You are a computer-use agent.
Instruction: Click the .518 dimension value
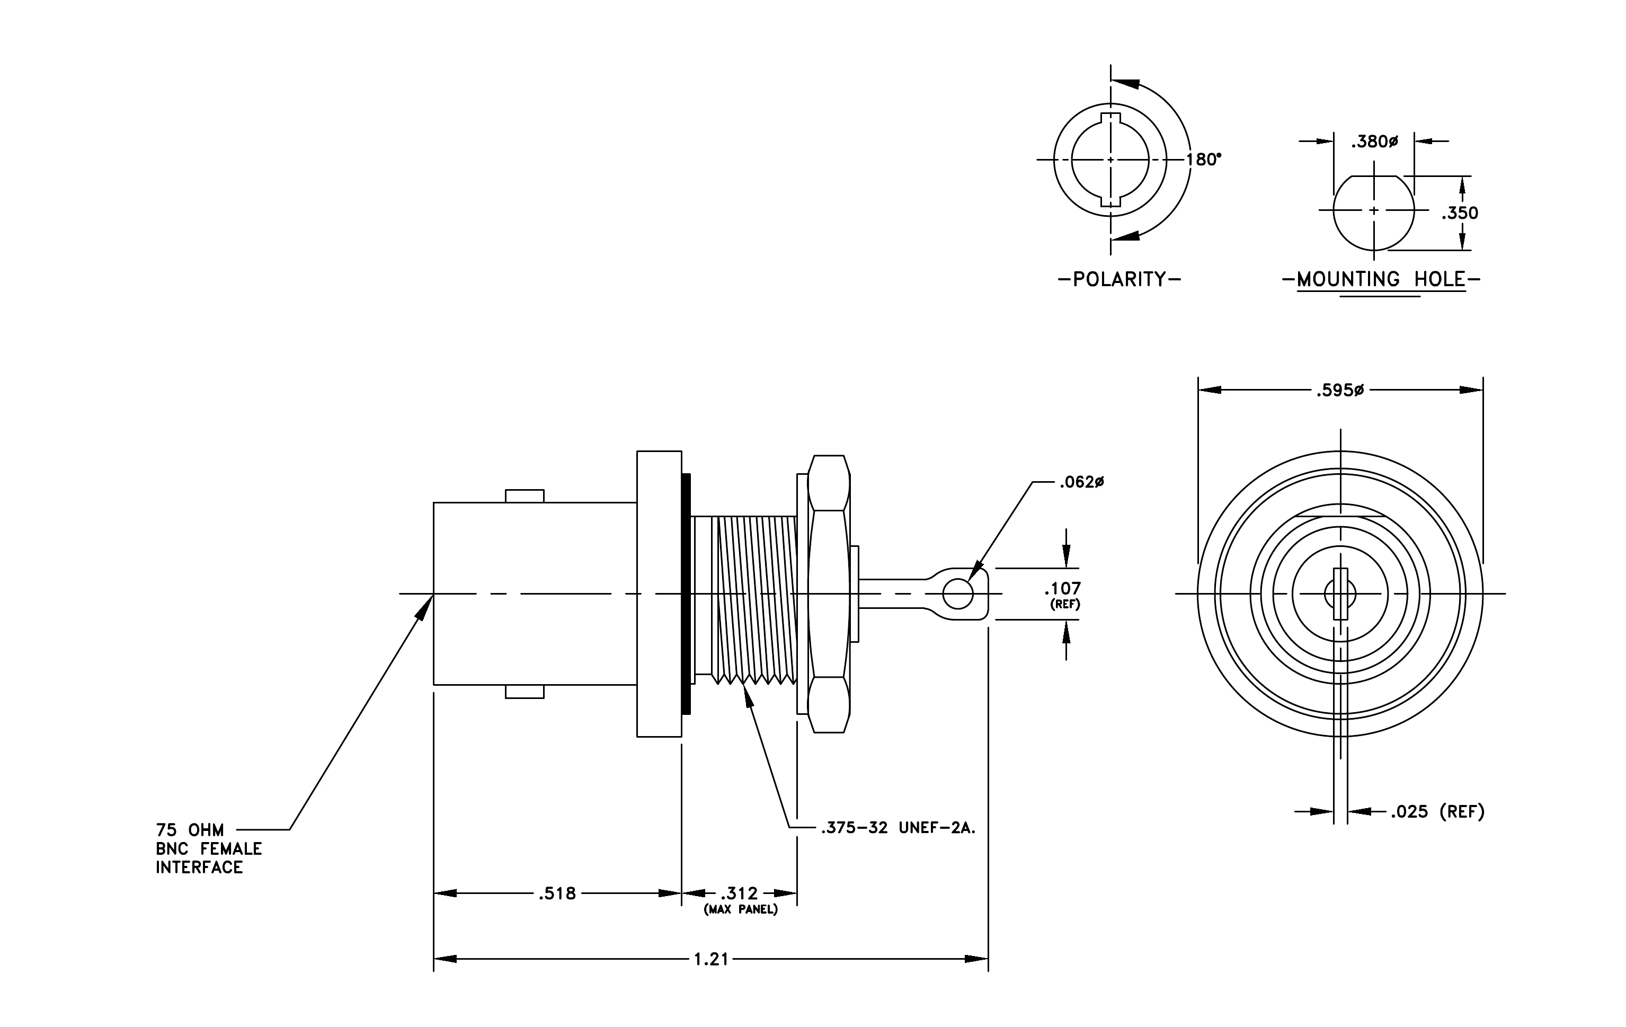557,894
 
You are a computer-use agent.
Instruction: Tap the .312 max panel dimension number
740,894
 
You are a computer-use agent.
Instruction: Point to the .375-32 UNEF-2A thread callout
898,828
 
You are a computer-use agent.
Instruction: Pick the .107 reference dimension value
1062,588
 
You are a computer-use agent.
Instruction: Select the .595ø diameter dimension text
1340,390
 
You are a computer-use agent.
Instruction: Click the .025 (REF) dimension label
1437,812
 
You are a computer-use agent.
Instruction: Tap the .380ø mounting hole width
1374,142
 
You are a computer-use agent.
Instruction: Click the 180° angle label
1204,160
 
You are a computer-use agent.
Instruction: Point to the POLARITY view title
1119,280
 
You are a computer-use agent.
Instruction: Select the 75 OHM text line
190,830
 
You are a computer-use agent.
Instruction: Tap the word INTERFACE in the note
199,867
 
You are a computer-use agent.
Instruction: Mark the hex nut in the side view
829,594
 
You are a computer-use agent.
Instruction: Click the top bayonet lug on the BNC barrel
525,497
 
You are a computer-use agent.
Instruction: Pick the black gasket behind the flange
687,594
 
